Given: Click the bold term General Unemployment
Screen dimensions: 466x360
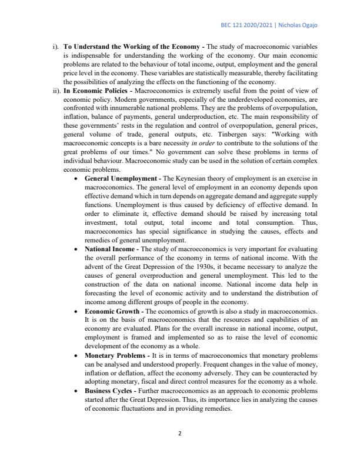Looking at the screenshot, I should point(120,177).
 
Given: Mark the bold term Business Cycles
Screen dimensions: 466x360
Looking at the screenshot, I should point(108,391).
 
